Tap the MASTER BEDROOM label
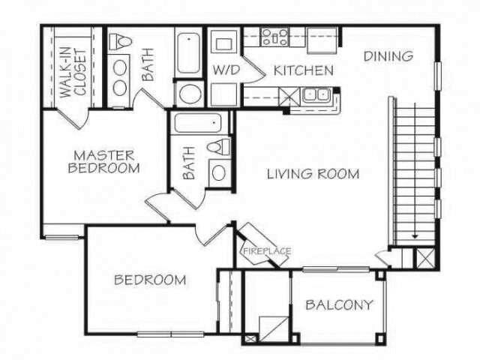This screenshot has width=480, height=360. tap(103, 162)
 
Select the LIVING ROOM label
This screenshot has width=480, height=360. tap(313, 174)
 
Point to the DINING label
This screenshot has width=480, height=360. tap(388, 56)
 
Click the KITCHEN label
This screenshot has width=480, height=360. tap(303, 71)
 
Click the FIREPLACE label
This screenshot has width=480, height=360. tap(265, 251)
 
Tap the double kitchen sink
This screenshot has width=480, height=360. tap(317, 96)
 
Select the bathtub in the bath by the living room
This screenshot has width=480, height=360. tap(198, 124)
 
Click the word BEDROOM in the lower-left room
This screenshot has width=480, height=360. tap(150, 280)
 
